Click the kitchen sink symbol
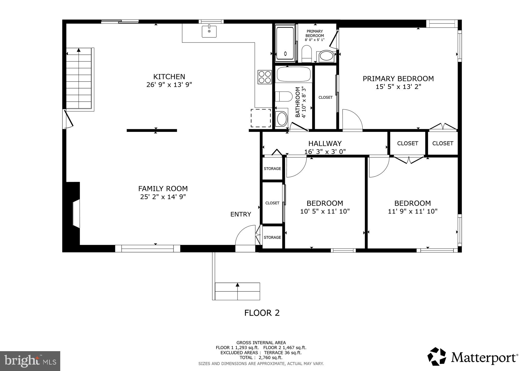pyautogui.click(x=209, y=31)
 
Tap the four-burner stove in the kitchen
pyautogui.click(x=265, y=77)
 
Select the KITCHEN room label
pyautogui.click(x=169, y=77)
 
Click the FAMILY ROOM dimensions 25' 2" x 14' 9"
pyautogui.click(x=163, y=197)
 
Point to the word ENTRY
pyautogui.click(x=241, y=214)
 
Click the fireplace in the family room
pyautogui.click(x=75, y=214)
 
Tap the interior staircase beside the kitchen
pyautogui.click(x=79, y=79)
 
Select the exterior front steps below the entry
pyautogui.click(x=237, y=291)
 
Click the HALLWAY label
pyautogui.click(x=325, y=144)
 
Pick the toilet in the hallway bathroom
pyautogui.click(x=284, y=97)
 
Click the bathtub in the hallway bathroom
pyautogui.click(x=293, y=74)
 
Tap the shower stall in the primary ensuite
pyautogui.click(x=285, y=43)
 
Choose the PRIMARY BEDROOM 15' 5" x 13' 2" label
pyautogui.click(x=398, y=82)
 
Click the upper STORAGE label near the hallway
pyautogui.click(x=272, y=168)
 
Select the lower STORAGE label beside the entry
pyautogui.click(x=272, y=237)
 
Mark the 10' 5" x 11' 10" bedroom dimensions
pyautogui.click(x=325, y=212)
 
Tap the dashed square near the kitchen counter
pyautogui.click(x=261, y=118)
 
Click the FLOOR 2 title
pyautogui.click(x=262, y=313)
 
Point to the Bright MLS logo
pyautogui.click(x=30, y=361)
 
